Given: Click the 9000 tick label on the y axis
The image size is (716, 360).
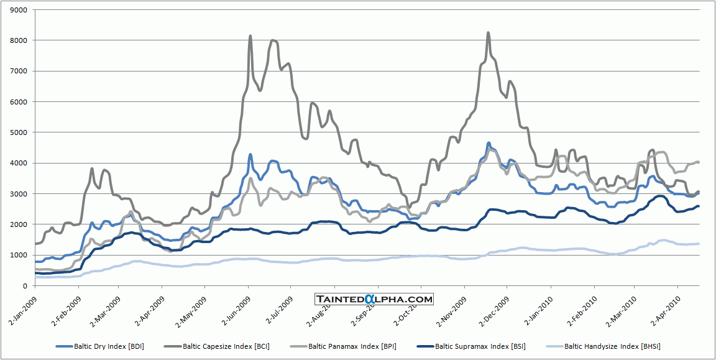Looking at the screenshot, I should pyautogui.click(x=19, y=10).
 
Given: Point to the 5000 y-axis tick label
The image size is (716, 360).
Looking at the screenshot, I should pyautogui.click(x=19, y=132).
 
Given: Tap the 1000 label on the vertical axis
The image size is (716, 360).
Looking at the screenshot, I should pyautogui.click(x=19, y=255).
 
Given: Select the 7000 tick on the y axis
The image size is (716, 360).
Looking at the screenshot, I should pyautogui.click(x=19, y=71).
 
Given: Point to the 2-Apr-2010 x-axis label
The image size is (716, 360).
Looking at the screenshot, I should pyautogui.click(x=663, y=304).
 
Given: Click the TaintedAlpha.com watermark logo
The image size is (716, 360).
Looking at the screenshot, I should pyautogui.click(x=374, y=299).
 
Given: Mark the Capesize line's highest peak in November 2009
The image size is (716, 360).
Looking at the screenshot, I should pyautogui.click(x=488, y=33).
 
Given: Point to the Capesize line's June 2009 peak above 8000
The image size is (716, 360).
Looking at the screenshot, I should pyautogui.click(x=250, y=36).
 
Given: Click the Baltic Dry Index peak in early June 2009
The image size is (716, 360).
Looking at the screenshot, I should pyautogui.click(x=250, y=155).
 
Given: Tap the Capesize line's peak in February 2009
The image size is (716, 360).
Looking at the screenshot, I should pyautogui.click(x=92, y=168).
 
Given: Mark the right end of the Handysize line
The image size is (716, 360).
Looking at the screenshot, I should pyautogui.click(x=699, y=244).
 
